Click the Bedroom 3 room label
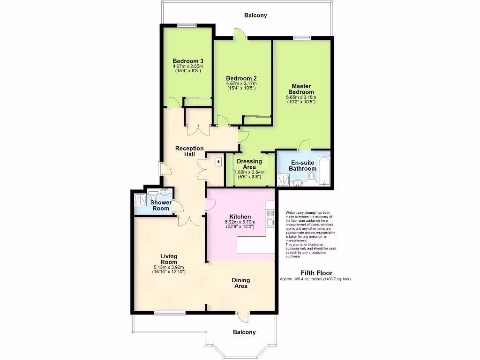[188, 61]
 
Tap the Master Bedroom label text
[301, 89]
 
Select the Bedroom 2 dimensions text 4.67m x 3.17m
[241, 83]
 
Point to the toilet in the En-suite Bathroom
[311, 177]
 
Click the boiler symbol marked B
[218, 162]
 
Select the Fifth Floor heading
[316, 273]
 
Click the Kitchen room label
[240, 216]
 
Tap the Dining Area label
[241, 283]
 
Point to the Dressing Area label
[249, 164]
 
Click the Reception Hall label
[189, 151]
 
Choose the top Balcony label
[255, 15]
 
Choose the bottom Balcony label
[245, 332]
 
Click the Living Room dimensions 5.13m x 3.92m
[169, 267]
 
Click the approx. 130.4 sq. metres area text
[315, 279]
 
